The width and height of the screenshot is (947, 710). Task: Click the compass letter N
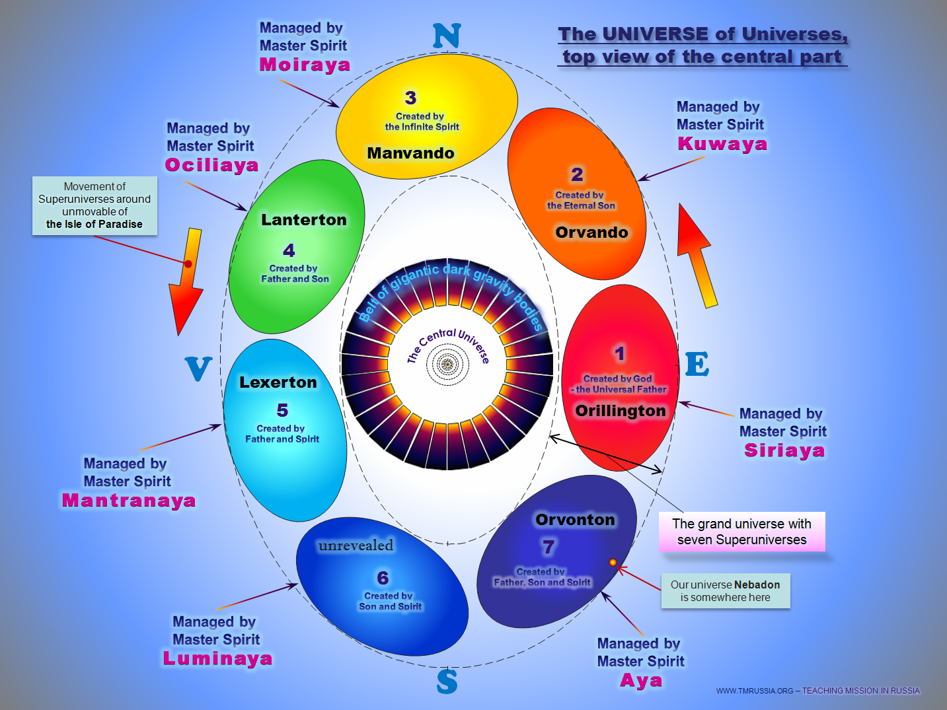[447, 36]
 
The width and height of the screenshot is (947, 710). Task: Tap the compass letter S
[447, 681]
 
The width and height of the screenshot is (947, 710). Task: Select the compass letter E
[697, 365]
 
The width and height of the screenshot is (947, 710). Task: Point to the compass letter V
[198, 369]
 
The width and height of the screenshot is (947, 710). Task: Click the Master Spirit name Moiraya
[305, 65]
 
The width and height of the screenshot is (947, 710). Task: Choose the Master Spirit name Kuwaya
[722, 144]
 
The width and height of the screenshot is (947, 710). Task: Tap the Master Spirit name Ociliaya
[211, 165]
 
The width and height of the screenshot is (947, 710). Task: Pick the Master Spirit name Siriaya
[784, 450]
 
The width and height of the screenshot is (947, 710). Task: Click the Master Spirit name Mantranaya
[129, 501]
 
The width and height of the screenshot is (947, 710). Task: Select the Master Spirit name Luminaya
[217, 658]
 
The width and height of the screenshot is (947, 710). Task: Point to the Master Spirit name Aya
[641, 680]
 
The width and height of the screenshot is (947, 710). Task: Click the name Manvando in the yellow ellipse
[410, 153]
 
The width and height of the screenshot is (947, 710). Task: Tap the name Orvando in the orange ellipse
[591, 232]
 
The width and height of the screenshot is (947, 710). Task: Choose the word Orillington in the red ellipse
[620, 411]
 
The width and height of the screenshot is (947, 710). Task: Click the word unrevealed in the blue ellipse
[356, 546]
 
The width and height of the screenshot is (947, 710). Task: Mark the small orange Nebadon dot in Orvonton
[613, 563]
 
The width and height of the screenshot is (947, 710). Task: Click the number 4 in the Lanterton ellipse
[289, 250]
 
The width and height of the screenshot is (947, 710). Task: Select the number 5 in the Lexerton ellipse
[282, 410]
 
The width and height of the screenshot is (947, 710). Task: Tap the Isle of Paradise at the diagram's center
[447, 364]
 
